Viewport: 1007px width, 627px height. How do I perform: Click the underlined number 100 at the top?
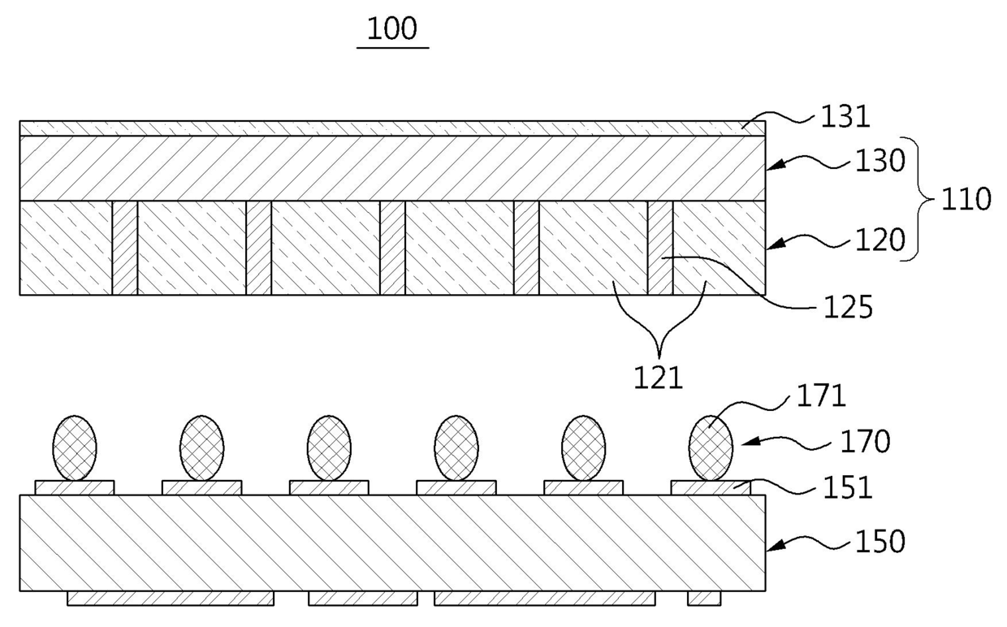click(x=392, y=29)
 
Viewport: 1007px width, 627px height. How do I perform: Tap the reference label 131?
click(x=845, y=117)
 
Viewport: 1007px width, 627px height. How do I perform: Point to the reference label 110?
click(x=966, y=199)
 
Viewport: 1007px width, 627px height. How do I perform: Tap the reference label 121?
click(x=659, y=378)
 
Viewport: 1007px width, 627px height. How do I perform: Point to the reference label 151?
click(x=848, y=488)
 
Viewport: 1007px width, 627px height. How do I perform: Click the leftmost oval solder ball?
click(x=75, y=448)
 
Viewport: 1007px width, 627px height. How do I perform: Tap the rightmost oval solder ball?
click(x=711, y=448)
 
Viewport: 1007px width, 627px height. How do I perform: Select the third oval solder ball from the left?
click(x=329, y=448)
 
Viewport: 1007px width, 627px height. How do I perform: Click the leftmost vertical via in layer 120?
click(x=125, y=248)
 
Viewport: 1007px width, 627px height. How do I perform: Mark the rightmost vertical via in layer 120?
click(x=660, y=248)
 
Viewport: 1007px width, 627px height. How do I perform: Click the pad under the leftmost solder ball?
click(x=75, y=487)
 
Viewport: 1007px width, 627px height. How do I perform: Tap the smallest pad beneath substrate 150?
click(x=703, y=598)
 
